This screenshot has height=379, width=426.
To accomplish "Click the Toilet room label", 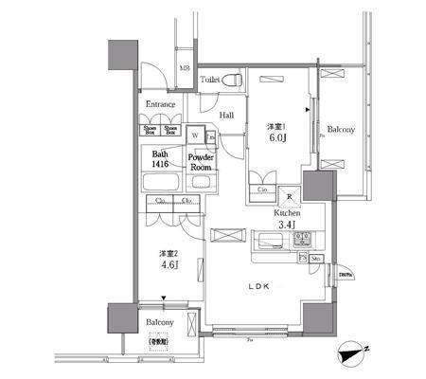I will (211, 81).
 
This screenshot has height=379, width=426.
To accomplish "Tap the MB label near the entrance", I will (186, 69).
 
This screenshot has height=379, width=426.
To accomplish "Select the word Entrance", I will (161, 106).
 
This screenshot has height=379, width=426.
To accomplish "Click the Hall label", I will (227, 116).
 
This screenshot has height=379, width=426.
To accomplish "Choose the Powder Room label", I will (201, 162).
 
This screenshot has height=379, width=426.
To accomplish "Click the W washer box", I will (194, 135).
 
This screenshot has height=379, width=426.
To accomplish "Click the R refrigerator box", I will (289, 198).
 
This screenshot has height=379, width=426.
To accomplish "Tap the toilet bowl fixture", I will (236, 80).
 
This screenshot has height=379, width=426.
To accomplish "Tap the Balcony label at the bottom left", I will (160, 322).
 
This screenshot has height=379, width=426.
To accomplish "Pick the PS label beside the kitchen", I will (302, 257).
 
